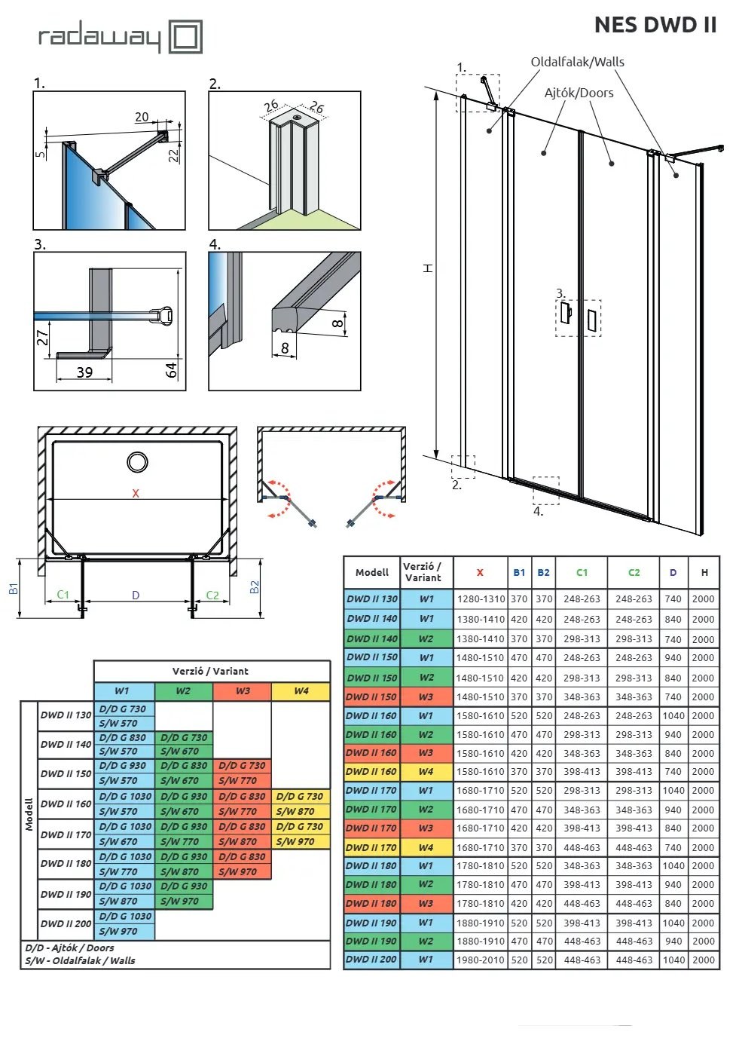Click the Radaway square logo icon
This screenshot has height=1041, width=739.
pos(185,36)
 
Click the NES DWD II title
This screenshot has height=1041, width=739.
pos(655,25)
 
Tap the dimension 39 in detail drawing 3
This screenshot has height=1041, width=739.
pos(84,372)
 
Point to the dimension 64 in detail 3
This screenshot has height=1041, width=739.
pos(172,370)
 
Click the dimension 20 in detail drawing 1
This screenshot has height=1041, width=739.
pos(142,117)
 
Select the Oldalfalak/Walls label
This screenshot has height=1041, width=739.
pos(577,62)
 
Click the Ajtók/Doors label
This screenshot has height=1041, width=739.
pos(579,93)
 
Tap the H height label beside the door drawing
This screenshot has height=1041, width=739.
pos(428,268)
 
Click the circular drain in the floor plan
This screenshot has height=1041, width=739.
pos(138,462)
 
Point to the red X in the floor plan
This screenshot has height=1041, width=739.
pos(136,493)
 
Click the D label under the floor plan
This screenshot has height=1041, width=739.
pos(136,595)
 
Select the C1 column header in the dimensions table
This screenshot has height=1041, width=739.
pos(582,573)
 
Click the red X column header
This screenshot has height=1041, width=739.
pos(480,573)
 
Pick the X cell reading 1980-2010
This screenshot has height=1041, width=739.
pos(481,960)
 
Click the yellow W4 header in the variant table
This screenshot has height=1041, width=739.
pos(301,691)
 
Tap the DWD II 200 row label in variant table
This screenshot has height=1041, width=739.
pos(66,924)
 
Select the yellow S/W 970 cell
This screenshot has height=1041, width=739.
pos(301,842)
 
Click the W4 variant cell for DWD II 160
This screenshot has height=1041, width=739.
pos(426,772)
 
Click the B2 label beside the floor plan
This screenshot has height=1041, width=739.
pos(254,587)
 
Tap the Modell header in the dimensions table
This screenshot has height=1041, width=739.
pos(371,573)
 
